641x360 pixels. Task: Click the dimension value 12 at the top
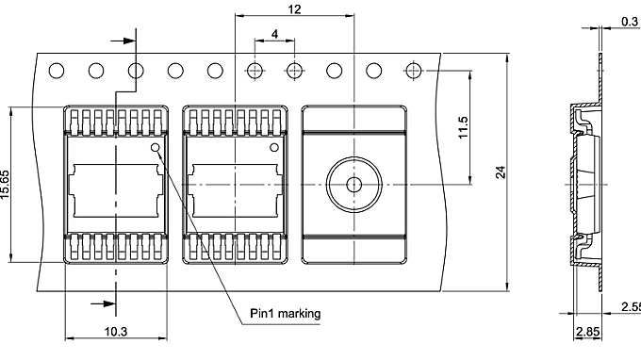click(x=294, y=8)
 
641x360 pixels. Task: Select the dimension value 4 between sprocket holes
click(x=274, y=34)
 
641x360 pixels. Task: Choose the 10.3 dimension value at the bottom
click(x=116, y=331)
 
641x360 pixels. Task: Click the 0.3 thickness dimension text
click(x=630, y=20)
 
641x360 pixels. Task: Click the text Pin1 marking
click(x=284, y=314)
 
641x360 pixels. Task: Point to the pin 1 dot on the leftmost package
click(x=155, y=148)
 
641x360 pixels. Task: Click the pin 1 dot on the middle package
click(x=276, y=148)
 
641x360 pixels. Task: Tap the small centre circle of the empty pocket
click(x=353, y=184)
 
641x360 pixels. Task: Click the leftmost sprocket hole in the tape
click(x=57, y=71)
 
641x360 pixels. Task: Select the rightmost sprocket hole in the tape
click(x=414, y=71)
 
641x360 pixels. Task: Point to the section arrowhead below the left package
click(x=105, y=303)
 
